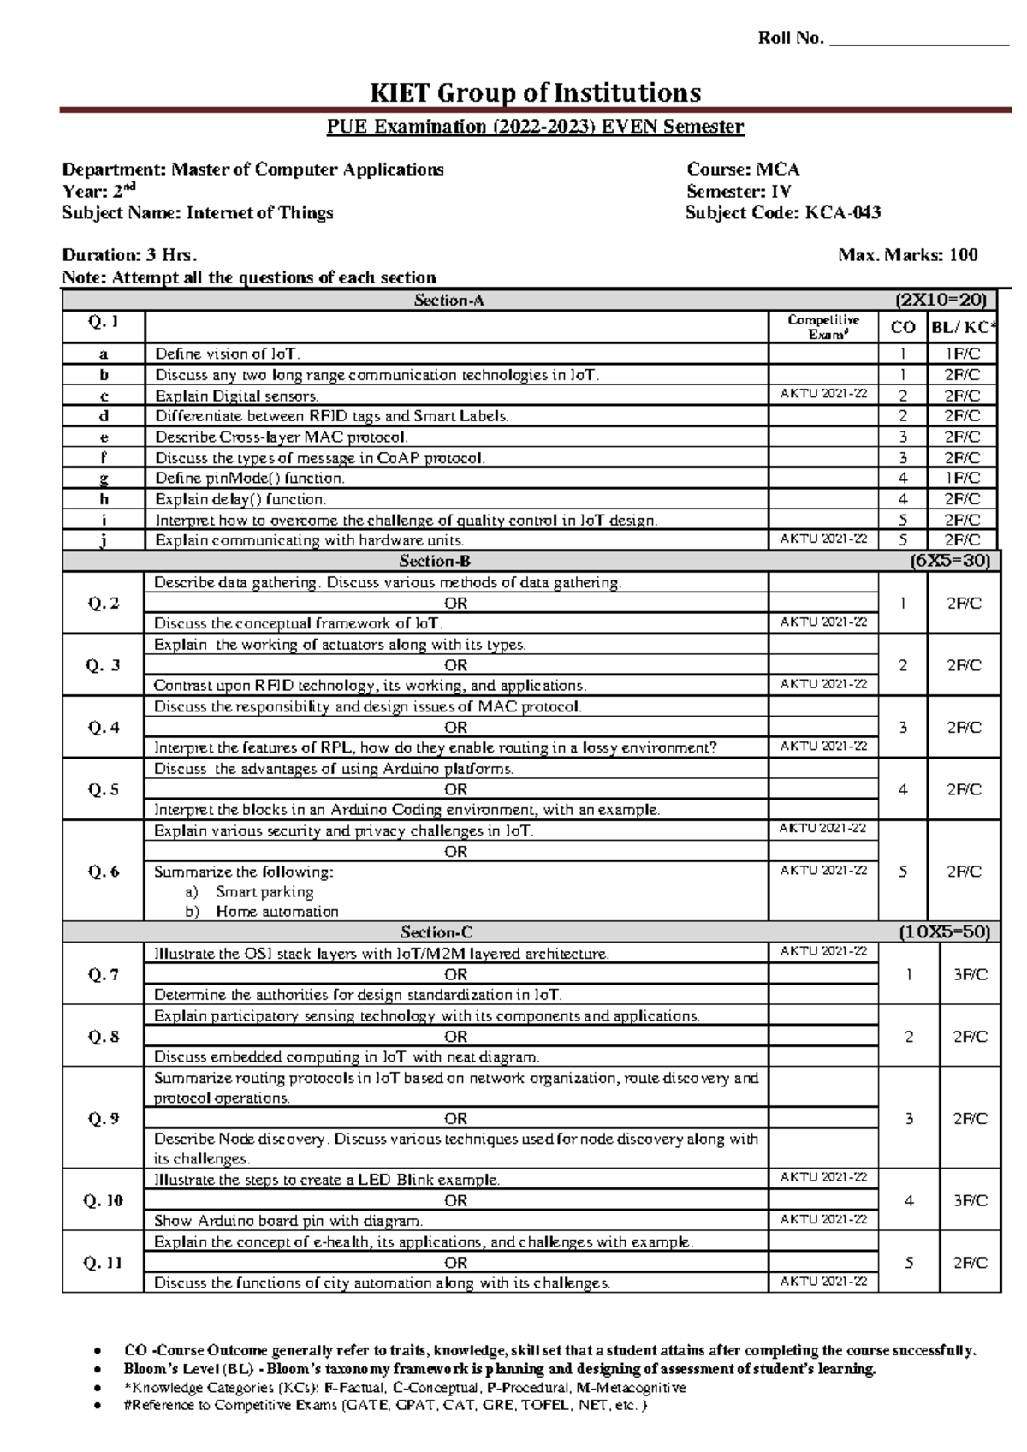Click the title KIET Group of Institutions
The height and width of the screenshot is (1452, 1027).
(x=535, y=92)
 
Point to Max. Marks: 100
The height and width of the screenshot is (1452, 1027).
(x=908, y=255)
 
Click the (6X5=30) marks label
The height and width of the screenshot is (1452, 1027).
(x=950, y=561)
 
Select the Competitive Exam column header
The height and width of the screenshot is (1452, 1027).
(x=823, y=327)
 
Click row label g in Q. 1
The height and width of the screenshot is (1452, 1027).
(x=104, y=479)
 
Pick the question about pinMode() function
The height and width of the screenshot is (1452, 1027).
(x=250, y=479)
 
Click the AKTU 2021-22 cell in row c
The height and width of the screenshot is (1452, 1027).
(x=823, y=394)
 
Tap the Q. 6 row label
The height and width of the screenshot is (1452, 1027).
(x=104, y=872)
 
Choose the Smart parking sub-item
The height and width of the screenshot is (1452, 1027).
(x=264, y=892)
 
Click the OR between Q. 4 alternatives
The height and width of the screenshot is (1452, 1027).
(x=456, y=728)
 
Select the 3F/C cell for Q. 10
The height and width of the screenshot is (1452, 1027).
(x=970, y=1201)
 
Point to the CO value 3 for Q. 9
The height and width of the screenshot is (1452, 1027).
(x=909, y=1119)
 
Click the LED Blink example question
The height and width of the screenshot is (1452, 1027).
(x=327, y=1181)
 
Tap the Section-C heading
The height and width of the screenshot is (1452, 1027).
(x=436, y=932)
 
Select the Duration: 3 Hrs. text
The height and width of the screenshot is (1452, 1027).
(x=129, y=255)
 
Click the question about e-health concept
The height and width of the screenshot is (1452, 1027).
(x=424, y=1242)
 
